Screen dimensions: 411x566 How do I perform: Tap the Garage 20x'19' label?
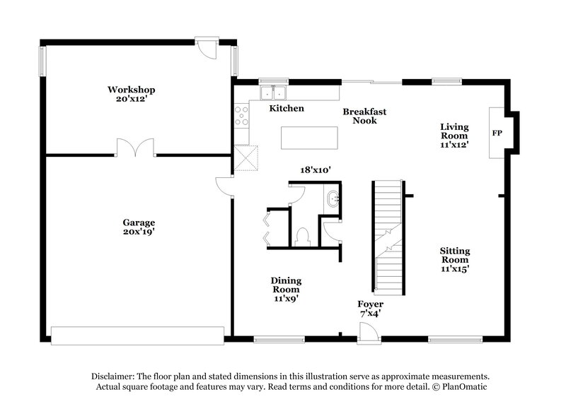138,227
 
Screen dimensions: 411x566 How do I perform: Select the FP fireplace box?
497,133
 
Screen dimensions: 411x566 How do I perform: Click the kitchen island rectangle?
309,138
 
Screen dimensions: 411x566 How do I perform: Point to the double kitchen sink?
272,93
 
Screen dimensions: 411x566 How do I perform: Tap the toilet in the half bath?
302,235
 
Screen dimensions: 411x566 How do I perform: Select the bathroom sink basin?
333,198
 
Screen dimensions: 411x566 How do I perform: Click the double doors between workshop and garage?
135,147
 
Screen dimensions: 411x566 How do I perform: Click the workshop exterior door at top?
207,48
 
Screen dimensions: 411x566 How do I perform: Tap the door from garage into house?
225,186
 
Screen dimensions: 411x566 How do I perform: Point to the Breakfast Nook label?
365,116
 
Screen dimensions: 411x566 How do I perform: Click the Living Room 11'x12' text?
454,135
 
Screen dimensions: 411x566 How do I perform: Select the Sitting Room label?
454,259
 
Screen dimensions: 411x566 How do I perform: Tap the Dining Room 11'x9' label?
285,289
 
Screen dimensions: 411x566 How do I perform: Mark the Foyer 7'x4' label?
371,309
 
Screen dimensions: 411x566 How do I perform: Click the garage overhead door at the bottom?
138,335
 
